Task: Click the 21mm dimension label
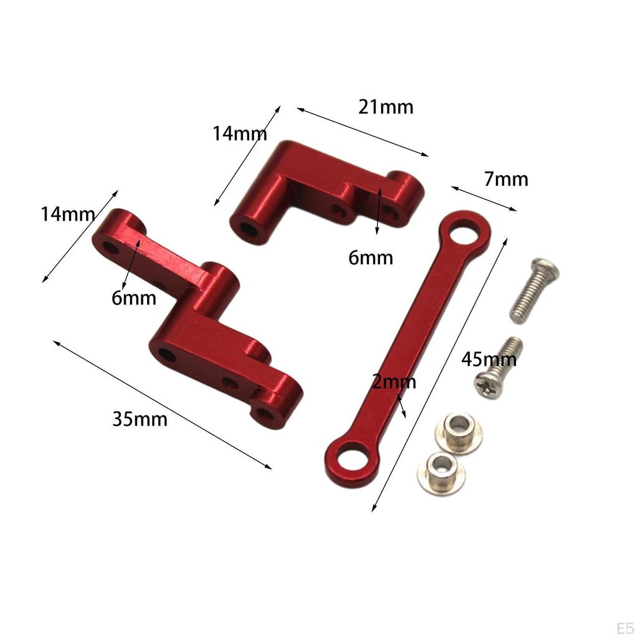(x=386, y=107)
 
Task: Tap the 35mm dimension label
(x=140, y=419)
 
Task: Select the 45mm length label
(x=489, y=359)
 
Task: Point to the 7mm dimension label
(x=506, y=179)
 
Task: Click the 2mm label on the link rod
(x=394, y=381)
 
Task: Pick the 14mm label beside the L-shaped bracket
(x=240, y=133)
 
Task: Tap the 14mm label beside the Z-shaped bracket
(x=68, y=214)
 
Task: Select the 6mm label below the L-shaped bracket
(x=371, y=257)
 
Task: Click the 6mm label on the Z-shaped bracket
(x=134, y=298)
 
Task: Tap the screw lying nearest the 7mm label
(x=534, y=291)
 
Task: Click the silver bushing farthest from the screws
(x=440, y=470)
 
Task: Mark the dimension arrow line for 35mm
(x=163, y=404)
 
